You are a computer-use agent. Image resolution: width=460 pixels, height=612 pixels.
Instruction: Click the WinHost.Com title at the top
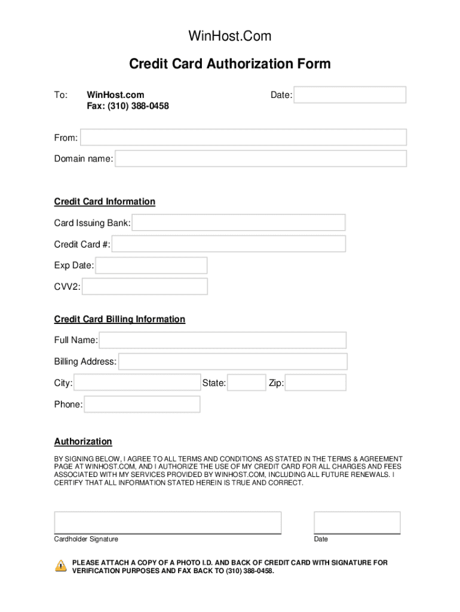[x=230, y=36]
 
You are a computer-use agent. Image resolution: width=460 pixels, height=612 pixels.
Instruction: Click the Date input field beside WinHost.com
[x=349, y=95]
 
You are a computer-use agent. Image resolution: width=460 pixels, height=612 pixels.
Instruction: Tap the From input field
[x=243, y=137]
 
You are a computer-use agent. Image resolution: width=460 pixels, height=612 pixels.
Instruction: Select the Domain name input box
[x=260, y=158]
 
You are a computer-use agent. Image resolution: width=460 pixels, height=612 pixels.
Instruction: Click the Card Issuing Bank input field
[x=238, y=223]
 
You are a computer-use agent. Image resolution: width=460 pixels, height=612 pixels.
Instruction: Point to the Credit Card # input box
[x=228, y=244]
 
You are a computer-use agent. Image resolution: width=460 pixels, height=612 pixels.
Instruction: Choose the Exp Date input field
[x=151, y=265]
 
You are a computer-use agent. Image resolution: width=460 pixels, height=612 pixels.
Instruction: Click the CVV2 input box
[x=145, y=287]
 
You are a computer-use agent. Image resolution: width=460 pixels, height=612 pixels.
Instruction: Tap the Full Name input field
[x=223, y=340]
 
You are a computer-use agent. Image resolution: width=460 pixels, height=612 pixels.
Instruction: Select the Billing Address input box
[x=232, y=362]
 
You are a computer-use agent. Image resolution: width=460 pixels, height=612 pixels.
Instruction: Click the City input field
[x=137, y=382]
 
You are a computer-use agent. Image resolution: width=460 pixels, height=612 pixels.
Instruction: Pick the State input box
[x=247, y=382]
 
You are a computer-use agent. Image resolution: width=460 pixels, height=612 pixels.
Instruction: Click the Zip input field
[x=315, y=382]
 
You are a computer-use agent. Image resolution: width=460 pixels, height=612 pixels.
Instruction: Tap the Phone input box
[x=142, y=405]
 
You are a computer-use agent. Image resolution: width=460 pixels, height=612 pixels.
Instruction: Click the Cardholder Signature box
[x=167, y=522]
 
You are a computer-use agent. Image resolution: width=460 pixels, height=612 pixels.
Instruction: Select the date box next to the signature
[x=357, y=522]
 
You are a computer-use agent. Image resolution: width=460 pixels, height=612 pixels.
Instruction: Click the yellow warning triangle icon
[x=61, y=565]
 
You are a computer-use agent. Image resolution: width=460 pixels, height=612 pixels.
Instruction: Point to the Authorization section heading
[x=83, y=442]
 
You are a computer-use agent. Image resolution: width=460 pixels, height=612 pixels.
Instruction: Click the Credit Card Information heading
[x=105, y=201]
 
